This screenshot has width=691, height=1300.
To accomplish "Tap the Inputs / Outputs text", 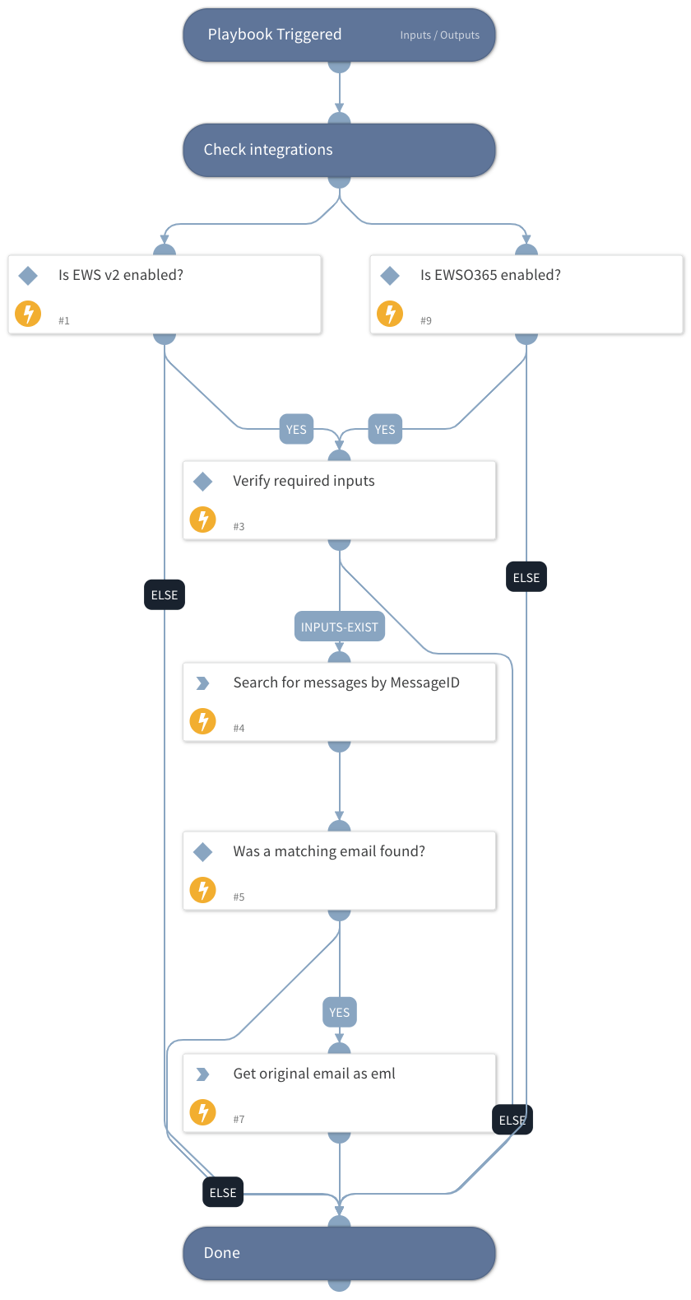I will click(439, 35).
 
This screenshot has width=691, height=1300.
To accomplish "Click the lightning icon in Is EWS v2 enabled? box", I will click(28, 314).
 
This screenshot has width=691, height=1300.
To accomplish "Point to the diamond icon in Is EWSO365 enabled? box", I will click(390, 275).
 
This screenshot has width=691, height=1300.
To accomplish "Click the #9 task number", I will click(426, 321).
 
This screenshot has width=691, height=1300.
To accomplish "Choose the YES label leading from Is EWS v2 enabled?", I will click(296, 429).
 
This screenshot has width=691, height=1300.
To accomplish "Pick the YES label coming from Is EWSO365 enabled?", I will click(385, 429).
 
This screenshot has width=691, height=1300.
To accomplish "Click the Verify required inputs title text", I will click(304, 481).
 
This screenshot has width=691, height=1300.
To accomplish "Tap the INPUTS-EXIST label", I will click(340, 627).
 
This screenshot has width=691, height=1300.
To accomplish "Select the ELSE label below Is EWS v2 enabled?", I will click(165, 594).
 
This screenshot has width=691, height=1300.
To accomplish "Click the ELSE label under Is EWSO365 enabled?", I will click(526, 577).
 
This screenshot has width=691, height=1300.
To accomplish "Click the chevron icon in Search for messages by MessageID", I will click(202, 683).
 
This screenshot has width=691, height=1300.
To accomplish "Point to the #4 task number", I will click(239, 729).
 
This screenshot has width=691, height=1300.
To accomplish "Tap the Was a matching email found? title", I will click(329, 851).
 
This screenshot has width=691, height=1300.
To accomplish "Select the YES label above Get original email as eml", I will click(340, 1012).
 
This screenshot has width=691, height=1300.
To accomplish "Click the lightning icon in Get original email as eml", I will click(202, 1112).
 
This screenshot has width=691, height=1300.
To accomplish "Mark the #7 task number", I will click(239, 1120).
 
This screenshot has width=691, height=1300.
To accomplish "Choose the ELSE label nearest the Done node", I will click(223, 1192).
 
